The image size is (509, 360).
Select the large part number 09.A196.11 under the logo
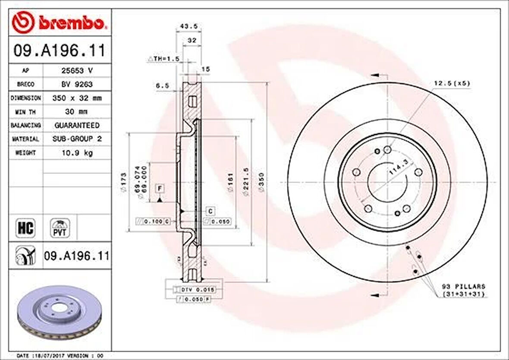60,51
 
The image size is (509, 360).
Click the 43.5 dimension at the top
189,26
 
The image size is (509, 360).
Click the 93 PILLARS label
464,286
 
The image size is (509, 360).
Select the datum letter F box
160,189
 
